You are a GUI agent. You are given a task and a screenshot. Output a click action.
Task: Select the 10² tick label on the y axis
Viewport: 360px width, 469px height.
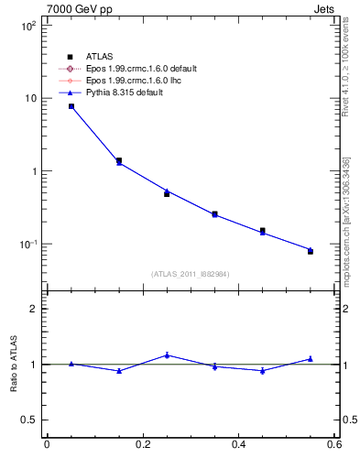click(x=29, y=26)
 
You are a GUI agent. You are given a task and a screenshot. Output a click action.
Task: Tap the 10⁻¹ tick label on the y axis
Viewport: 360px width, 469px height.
click(x=28, y=245)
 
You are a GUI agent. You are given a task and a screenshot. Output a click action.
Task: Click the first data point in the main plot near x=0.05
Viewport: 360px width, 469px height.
click(x=71, y=106)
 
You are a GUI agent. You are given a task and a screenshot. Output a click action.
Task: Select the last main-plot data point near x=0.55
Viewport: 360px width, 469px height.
click(x=311, y=250)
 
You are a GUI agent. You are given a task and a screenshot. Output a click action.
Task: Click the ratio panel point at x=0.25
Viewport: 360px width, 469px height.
click(x=167, y=354)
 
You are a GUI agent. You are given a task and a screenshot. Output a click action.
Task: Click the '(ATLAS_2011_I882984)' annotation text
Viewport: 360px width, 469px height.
click(x=190, y=274)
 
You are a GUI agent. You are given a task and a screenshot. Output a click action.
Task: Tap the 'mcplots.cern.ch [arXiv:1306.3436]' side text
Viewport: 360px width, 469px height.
click(x=346, y=222)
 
